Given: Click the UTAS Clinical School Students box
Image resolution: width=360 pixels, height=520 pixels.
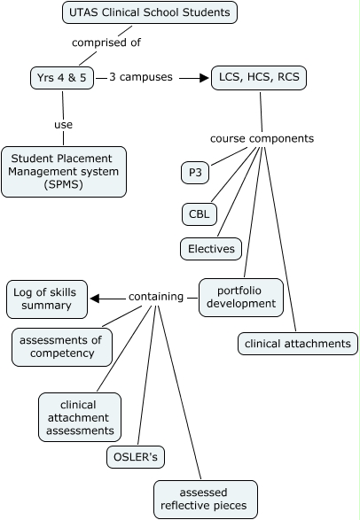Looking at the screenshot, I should (x=150, y=12).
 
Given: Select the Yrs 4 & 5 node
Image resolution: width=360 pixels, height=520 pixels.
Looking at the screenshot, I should (x=61, y=78).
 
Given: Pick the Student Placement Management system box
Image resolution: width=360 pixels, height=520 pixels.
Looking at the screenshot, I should (x=63, y=171).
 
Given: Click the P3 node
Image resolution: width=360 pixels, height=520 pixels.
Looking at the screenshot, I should (x=195, y=172).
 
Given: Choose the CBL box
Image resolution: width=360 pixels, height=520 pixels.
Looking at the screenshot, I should (x=197, y=213).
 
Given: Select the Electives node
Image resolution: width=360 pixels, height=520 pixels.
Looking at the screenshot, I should (x=212, y=248).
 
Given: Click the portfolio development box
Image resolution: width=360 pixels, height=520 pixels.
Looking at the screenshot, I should (x=240, y=297).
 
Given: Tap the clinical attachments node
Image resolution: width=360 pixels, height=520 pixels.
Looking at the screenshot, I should (x=298, y=343).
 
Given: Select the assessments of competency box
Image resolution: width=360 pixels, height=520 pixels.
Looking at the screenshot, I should (x=63, y=346).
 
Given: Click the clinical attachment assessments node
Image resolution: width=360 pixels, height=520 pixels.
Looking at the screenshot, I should (x=79, y=417).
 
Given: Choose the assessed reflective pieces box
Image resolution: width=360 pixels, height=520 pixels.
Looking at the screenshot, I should (x=206, y=499).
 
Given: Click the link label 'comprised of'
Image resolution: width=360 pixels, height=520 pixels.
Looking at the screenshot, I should (x=106, y=42).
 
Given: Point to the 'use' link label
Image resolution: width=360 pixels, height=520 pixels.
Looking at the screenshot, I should (x=63, y=125).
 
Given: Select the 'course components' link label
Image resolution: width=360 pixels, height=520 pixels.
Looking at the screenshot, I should (x=262, y=138).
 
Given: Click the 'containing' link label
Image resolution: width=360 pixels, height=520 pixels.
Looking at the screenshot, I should (x=156, y=297).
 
